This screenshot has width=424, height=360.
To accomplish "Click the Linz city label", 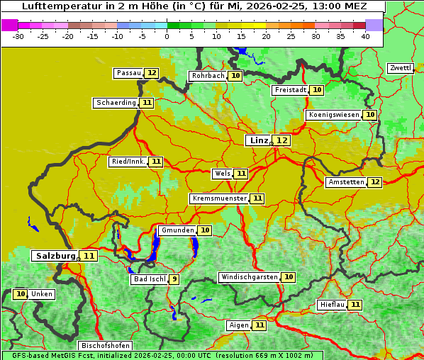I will click(x=258, y=140).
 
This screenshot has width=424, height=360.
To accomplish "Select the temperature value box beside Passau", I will click(x=152, y=73).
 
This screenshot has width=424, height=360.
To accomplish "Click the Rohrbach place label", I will click(x=207, y=76).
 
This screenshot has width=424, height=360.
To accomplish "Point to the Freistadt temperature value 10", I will click(x=317, y=90).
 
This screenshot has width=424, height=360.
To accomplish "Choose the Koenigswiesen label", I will click(x=333, y=115).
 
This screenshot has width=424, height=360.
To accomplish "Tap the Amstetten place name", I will click(x=346, y=182).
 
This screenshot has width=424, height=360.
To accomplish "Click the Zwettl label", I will click(x=401, y=68).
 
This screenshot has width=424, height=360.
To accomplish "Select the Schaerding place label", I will click(x=116, y=103).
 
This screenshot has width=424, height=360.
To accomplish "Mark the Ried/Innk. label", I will click(x=128, y=162).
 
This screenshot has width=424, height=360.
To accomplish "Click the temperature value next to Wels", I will click(x=241, y=174).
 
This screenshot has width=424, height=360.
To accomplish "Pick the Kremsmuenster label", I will click(x=219, y=198).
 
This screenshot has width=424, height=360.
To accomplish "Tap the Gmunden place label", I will click(x=177, y=230).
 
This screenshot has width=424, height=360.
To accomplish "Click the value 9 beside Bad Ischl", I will click(x=174, y=279).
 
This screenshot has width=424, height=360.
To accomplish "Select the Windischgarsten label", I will click(x=248, y=277).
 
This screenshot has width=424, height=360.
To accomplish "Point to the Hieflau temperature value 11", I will click(x=355, y=305).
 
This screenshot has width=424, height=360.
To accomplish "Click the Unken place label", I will click(x=42, y=294).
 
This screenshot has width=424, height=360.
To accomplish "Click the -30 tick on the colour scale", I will click(x=18, y=36).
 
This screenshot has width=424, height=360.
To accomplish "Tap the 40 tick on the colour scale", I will click(x=365, y=36).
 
